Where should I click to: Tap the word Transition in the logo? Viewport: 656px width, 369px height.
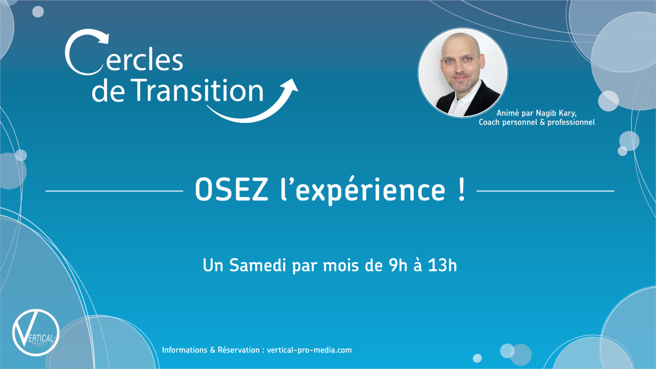197,90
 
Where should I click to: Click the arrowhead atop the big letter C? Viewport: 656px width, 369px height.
103,38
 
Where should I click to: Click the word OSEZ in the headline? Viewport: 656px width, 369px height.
231,190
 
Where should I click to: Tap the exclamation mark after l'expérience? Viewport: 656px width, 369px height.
462,189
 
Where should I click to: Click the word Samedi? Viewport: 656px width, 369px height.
257,266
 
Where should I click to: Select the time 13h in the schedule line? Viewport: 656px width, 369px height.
442,265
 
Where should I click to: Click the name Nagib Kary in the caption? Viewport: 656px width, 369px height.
556,113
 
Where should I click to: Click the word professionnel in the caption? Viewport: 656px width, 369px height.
571,122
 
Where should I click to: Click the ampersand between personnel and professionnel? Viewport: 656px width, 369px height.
542,122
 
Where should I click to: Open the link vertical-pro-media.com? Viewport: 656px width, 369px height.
309,350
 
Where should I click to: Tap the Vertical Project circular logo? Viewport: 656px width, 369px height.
36,332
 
